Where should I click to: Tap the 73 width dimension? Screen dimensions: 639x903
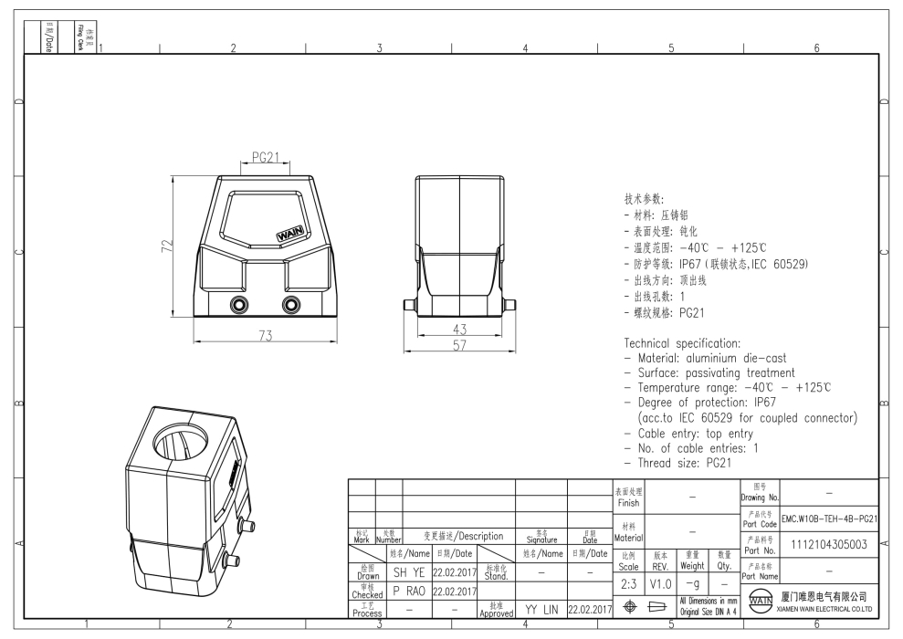(x=265, y=335)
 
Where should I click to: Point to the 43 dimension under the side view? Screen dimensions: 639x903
(x=461, y=329)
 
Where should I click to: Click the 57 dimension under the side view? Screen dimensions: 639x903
(x=461, y=346)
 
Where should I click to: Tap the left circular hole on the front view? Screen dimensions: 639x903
(x=239, y=304)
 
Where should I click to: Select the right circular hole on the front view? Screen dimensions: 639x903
(x=291, y=304)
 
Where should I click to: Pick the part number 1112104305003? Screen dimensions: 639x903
(x=828, y=545)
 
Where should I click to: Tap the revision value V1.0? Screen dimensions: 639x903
(x=661, y=583)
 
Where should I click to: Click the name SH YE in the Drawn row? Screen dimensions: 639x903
(x=408, y=572)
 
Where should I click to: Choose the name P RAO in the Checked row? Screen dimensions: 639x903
(x=408, y=591)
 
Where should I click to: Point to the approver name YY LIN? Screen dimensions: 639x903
(x=541, y=609)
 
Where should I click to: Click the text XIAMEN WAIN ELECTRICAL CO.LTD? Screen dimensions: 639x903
(x=824, y=608)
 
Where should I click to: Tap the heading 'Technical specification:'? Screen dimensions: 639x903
(x=682, y=343)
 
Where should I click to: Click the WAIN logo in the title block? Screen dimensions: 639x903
(x=760, y=602)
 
